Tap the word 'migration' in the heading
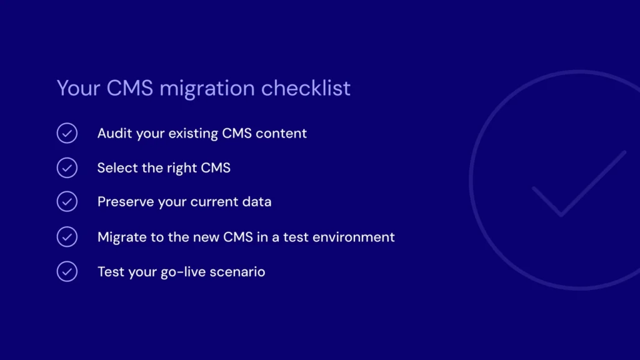(207, 89)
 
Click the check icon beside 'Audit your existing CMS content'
(67, 133)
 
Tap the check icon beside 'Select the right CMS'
(67, 167)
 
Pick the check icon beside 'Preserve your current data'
(67, 202)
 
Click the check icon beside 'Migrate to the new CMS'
(67, 237)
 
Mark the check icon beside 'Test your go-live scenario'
(67, 271)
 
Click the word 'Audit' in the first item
(112, 133)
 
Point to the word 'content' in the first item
(282, 133)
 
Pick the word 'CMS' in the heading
(130, 88)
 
